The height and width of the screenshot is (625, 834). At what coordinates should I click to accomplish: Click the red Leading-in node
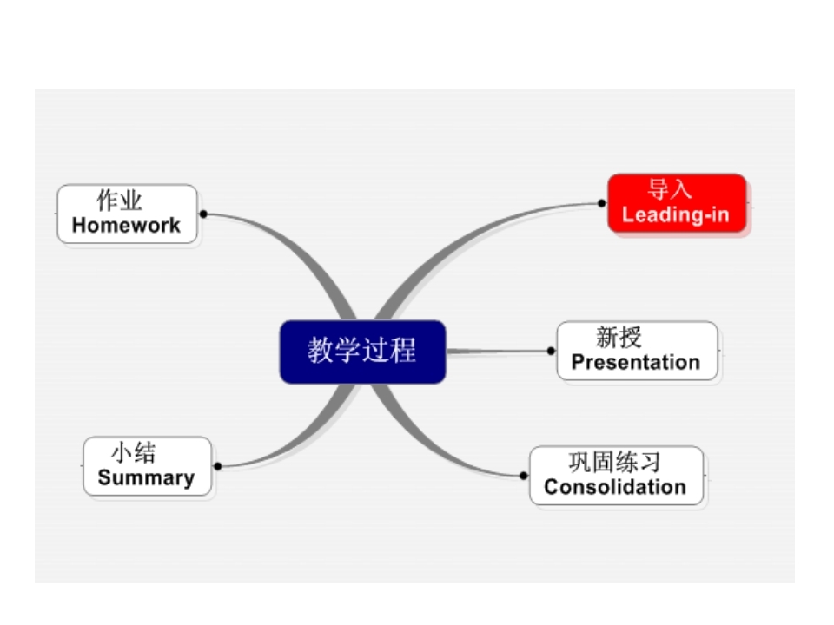677,203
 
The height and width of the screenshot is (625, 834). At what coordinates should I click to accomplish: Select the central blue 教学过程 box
362,352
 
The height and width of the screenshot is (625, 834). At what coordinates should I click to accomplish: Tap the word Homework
126,226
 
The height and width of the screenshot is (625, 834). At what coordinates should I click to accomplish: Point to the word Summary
146,477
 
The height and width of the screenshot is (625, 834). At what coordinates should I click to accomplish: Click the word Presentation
636,362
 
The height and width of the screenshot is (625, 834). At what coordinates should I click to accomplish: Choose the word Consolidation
615,487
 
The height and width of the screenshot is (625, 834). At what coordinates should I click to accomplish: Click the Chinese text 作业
119,201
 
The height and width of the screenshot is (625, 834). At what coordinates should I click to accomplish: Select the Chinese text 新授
619,337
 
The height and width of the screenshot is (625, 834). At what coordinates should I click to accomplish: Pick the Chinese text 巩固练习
614,462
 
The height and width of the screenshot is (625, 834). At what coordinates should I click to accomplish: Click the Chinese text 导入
669,189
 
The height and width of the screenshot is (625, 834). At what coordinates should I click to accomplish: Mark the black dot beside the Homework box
203,214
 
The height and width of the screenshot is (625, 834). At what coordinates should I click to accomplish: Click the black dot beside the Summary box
217,466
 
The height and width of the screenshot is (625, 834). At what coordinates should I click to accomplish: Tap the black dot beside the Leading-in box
601,203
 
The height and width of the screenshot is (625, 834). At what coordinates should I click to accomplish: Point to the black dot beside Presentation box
551,351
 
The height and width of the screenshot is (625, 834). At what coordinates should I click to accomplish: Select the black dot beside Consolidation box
524,476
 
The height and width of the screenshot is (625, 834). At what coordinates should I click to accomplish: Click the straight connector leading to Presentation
500,351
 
